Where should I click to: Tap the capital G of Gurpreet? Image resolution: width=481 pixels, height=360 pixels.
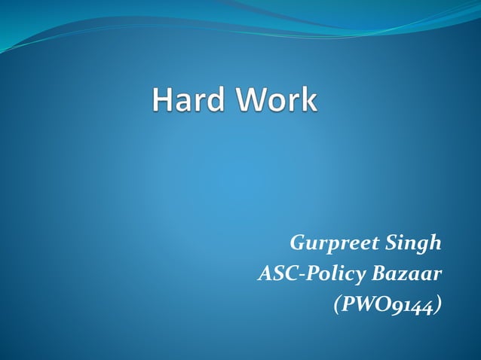[x=296, y=244]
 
